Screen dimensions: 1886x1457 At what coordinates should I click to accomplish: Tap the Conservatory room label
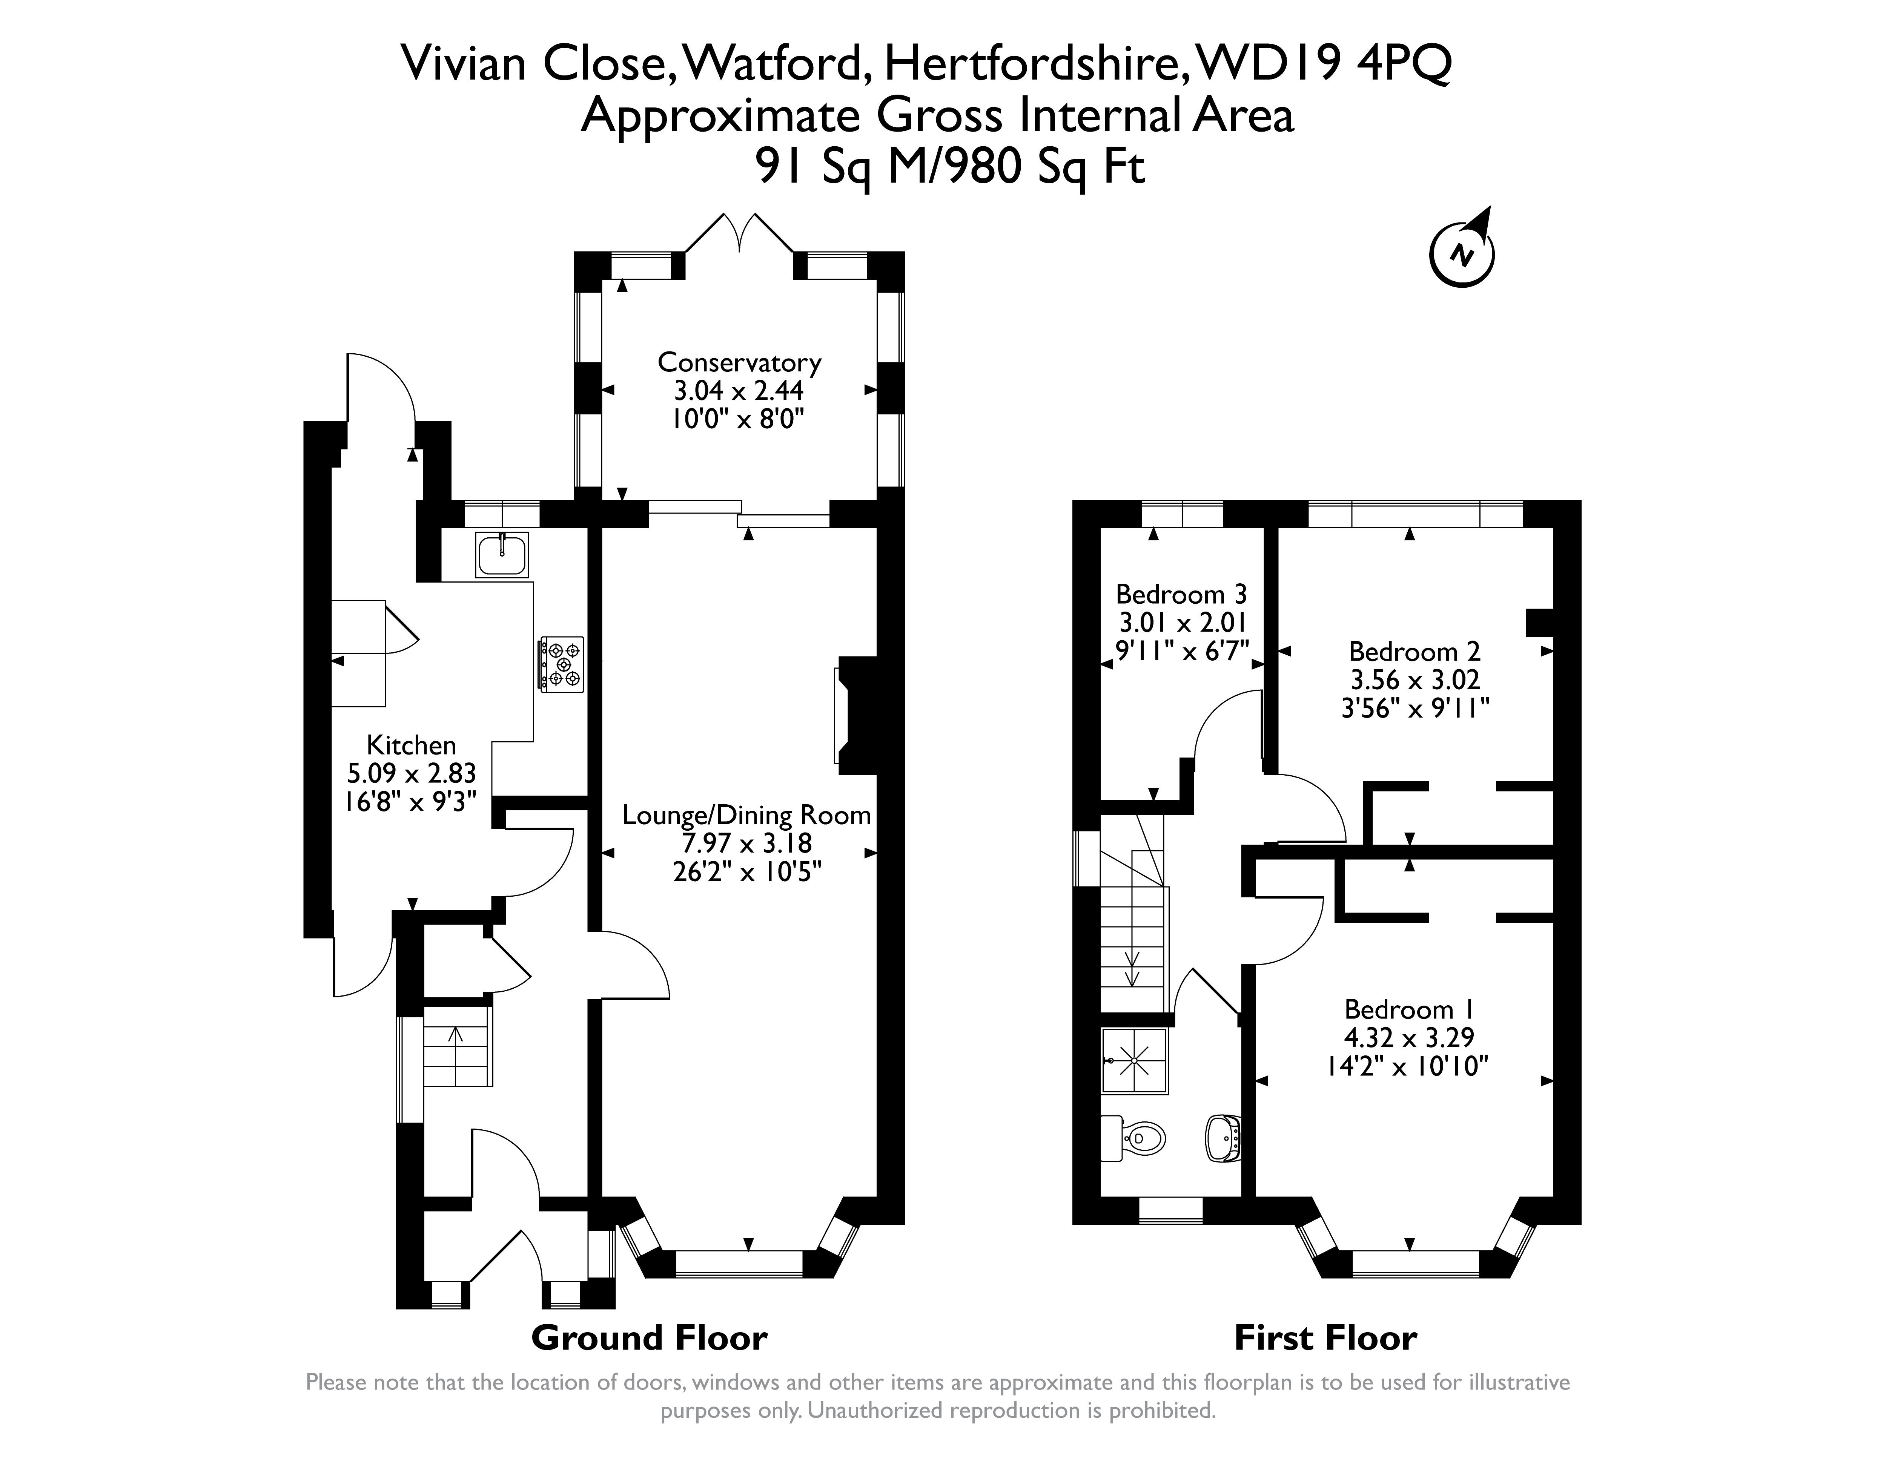[x=739, y=362]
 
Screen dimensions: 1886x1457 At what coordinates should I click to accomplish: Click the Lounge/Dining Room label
[x=747, y=815]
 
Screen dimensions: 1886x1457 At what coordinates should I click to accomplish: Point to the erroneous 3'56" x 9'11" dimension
[x=1414, y=708]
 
